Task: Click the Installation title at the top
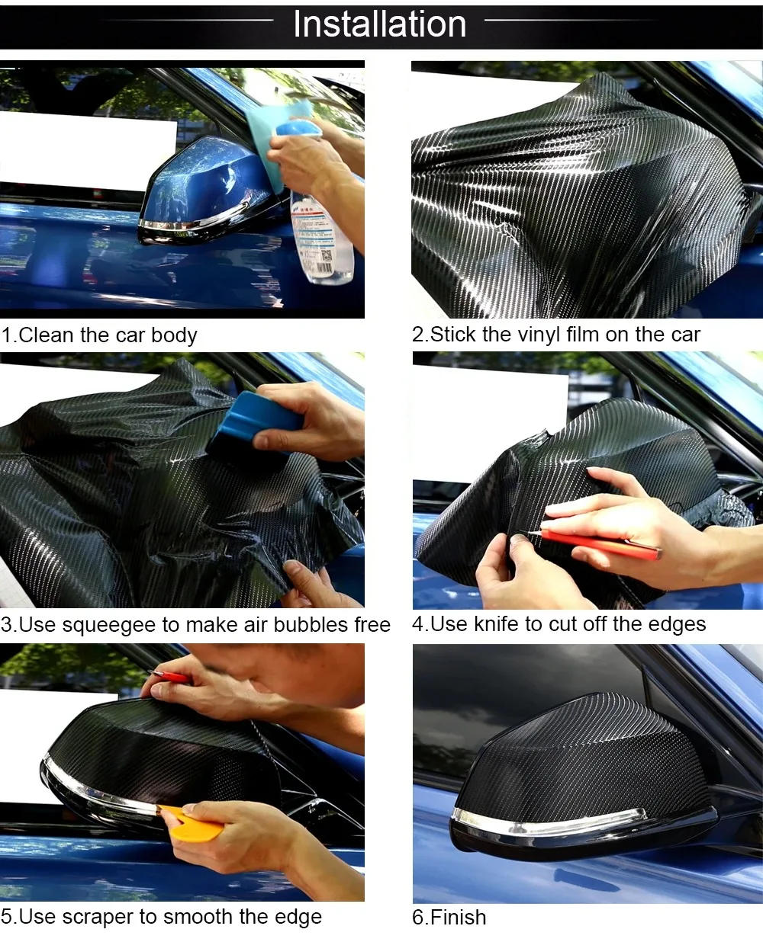(x=379, y=24)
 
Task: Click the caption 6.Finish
(x=449, y=917)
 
